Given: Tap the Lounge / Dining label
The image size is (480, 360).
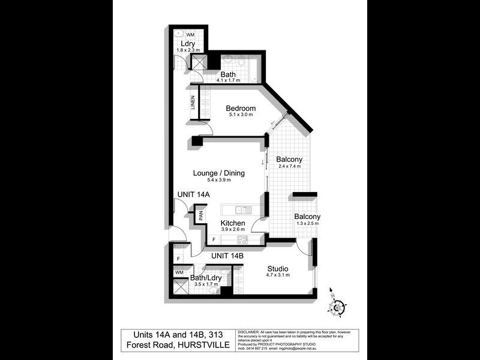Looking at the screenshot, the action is click(219, 173).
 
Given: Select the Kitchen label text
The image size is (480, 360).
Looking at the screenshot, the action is click(233, 223).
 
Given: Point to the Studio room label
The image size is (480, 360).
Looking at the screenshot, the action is click(278, 268).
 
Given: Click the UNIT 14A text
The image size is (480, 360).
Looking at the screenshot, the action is click(194, 195).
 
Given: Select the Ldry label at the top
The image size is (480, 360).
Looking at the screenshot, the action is click(187, 44).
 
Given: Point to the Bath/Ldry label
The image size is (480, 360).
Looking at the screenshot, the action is click(206, 278).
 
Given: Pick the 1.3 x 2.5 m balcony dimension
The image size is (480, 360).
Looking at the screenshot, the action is click(307, 224).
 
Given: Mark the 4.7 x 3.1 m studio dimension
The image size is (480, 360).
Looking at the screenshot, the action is click(277, 275).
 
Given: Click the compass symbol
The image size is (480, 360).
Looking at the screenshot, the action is click(337, 307).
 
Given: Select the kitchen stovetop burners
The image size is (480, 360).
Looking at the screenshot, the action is click(242, 239).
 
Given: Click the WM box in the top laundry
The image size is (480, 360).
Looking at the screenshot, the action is click(190, 35).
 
